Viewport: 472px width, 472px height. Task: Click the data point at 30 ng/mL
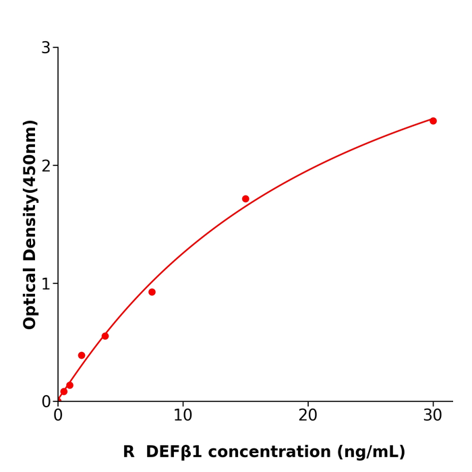pos(433,121)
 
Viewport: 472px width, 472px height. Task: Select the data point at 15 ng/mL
pos(245,199)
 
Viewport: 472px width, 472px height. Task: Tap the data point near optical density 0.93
pos(152,292)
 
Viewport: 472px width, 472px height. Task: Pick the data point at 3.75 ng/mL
pos(105,336)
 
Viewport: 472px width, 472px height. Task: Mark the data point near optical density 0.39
pos(82,355)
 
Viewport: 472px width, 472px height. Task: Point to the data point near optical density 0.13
pos(69,385)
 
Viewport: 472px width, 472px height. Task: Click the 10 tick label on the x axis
pos(183,416)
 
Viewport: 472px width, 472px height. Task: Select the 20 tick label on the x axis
pos(307,416)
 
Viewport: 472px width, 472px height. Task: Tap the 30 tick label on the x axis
pos(433,416)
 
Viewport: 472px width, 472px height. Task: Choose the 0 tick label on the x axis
pos(58,416)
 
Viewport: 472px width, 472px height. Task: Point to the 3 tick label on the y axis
pos(46,48)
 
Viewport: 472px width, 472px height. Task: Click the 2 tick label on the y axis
pos(46,166)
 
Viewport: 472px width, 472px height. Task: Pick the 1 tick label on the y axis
pos(46,284)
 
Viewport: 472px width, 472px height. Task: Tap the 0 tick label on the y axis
pos(46,402)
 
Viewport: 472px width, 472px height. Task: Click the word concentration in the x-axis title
pos(259,452)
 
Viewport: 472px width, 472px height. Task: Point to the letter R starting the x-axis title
pos(129,452)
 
